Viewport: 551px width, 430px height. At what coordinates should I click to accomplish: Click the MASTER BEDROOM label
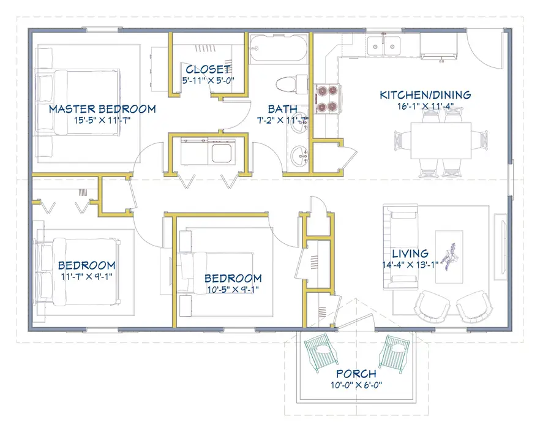coord(102,109)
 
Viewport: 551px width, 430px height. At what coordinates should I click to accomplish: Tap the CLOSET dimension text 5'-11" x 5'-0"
coord(208,80)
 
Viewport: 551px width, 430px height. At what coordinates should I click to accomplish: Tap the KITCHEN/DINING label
coord(425,95)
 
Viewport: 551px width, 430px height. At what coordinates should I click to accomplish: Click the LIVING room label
coord(410,254)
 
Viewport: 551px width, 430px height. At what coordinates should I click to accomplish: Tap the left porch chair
coord(319,353)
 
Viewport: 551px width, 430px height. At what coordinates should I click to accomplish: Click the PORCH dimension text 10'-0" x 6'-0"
coord(356,385)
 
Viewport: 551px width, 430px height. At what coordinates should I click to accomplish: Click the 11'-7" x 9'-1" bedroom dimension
coord(86,276)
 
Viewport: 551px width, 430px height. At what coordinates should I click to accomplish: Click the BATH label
coord(282,109)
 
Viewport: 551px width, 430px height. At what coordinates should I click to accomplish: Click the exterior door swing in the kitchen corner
coord(481,50)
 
